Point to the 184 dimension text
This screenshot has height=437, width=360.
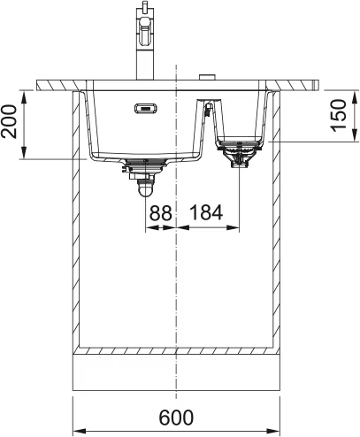[207, 212]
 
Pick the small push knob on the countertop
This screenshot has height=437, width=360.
[205, 77]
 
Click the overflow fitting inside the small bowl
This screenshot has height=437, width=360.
[207, 110]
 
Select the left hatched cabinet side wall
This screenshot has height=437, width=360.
[75, 221]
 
